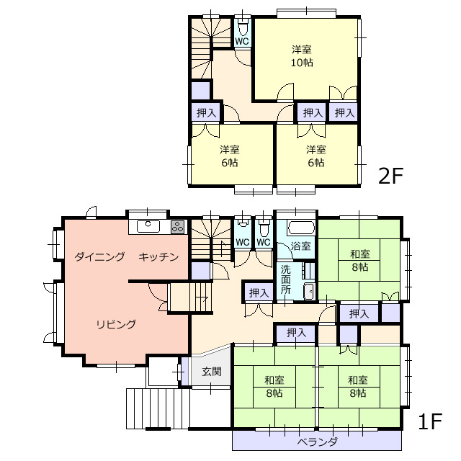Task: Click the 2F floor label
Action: coord(390,176)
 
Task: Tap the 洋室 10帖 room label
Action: coord(302,56)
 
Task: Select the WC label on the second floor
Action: coord(242,41)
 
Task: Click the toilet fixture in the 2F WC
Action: coord(243,27)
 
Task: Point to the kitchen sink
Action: coord(148,227)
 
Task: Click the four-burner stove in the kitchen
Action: coord(178,227)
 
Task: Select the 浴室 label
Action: coord(300,246)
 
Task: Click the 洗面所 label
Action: coord(285,279)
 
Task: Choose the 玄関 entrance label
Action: coord(211,372)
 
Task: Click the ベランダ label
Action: coord(317,442)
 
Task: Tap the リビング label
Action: coord(116,324)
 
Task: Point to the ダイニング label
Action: coord(99,256)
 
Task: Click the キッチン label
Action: coord(158,256)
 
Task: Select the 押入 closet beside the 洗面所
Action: coord(259,292)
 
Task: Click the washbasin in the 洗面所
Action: coord(309,292)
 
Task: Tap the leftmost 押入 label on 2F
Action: coord(206,112)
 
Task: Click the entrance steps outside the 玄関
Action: coord(158,408)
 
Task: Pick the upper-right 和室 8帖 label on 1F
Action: coord(360,261)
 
